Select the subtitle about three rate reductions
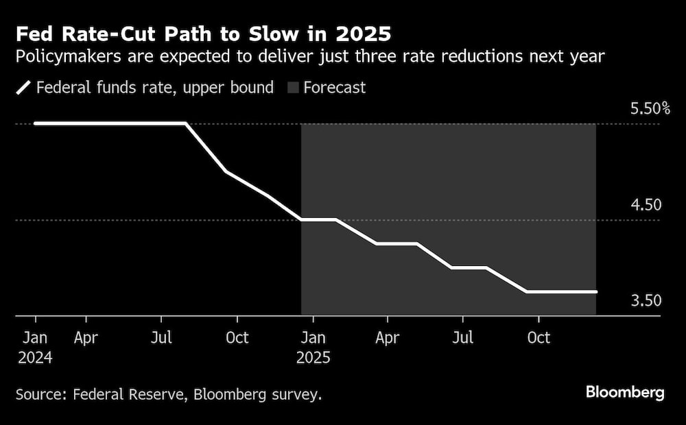[309, 56]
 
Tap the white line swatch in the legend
[23, 88]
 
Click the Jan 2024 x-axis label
[36, 347]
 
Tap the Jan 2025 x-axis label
[313, 347]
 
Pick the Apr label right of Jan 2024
[86, 338]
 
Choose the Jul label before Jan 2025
[161, 338]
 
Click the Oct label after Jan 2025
[538, 338]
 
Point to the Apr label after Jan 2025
[388, 338]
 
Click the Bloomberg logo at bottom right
[624, 393]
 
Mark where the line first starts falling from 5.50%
[186, 123]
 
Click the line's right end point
[595, 291]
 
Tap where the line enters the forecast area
[302, 219]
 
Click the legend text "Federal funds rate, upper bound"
[154, 88]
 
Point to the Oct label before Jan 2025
[237, 338]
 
